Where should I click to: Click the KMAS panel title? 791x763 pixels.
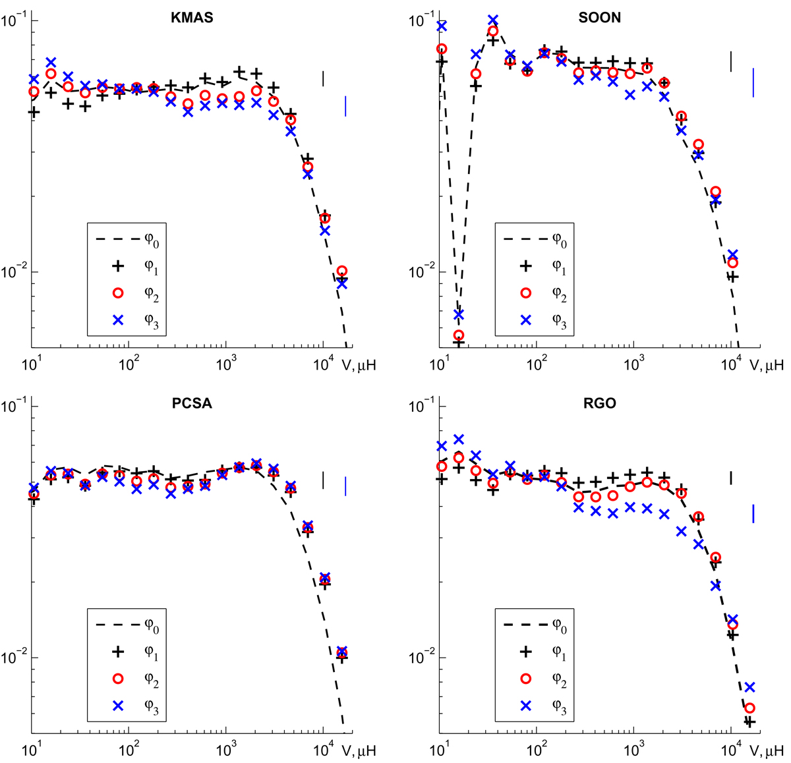[x=192, y=18]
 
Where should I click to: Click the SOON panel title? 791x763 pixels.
[x=599, y=18]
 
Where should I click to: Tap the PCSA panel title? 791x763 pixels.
[x=192, y=403]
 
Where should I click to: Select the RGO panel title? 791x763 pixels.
[x=599, y=403]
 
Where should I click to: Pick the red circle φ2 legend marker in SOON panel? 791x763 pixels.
[x=525, y=293]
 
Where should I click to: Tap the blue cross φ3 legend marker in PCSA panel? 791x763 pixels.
[x=118, y=706]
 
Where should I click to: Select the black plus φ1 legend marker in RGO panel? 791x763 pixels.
[x=525, y=652]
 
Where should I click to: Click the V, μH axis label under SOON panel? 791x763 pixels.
[x=767, y=365]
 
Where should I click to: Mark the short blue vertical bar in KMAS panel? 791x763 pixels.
[x=345, y=106]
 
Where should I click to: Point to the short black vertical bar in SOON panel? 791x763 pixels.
[x=730, y=61]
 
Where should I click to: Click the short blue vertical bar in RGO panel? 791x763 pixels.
[x=753, y=513]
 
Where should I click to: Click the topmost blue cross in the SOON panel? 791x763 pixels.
[x=493, y=20]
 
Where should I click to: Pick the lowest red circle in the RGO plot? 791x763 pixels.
[x=749, y=708]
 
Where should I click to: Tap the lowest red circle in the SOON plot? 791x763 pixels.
[x=459, y=335]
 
